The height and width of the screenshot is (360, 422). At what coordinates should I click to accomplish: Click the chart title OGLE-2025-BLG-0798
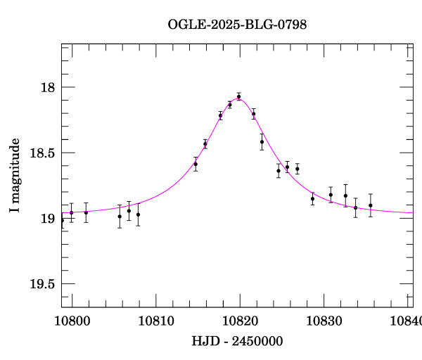point(237,25)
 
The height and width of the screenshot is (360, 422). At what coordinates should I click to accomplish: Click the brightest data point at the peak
point(239,96)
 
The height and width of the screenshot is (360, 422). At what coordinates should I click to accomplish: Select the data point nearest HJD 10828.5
point(312,198)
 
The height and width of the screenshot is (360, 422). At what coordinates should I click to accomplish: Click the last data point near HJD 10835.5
point(371,205)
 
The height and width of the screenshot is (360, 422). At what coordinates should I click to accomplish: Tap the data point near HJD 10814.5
point(196,164)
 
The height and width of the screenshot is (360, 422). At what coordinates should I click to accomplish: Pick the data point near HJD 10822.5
point(262,142)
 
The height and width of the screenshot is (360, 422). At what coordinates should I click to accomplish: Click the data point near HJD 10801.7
point(86,212)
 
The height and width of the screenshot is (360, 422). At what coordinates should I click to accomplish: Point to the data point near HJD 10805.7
point(120,216)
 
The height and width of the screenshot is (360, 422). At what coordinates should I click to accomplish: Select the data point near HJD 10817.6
point(220,115)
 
